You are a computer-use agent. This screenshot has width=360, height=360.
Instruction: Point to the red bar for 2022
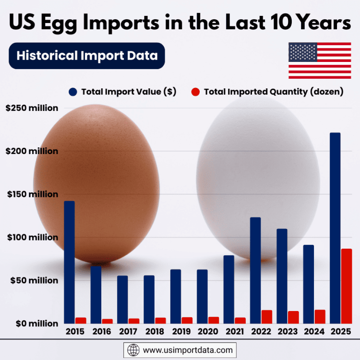[x=267, y=317]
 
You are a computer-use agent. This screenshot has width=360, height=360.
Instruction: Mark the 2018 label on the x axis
[x=155, y=332]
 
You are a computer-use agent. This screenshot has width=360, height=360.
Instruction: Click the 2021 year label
[x=235, y=332]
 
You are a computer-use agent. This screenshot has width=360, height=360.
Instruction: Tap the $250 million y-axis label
[x=32, y=108]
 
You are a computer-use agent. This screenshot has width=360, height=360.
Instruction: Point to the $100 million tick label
[x=32, y=238]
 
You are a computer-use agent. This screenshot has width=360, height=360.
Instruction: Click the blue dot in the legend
[x=73, y=92]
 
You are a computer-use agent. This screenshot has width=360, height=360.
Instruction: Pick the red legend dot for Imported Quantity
[x=195, y=92]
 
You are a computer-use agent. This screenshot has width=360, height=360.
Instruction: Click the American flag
[x=320, y=60]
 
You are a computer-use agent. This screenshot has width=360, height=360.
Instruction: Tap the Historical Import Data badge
[x=87, y=56]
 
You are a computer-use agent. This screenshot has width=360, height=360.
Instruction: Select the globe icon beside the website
[x=133, y=350]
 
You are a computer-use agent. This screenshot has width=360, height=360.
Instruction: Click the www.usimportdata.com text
[x=188, y=350]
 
